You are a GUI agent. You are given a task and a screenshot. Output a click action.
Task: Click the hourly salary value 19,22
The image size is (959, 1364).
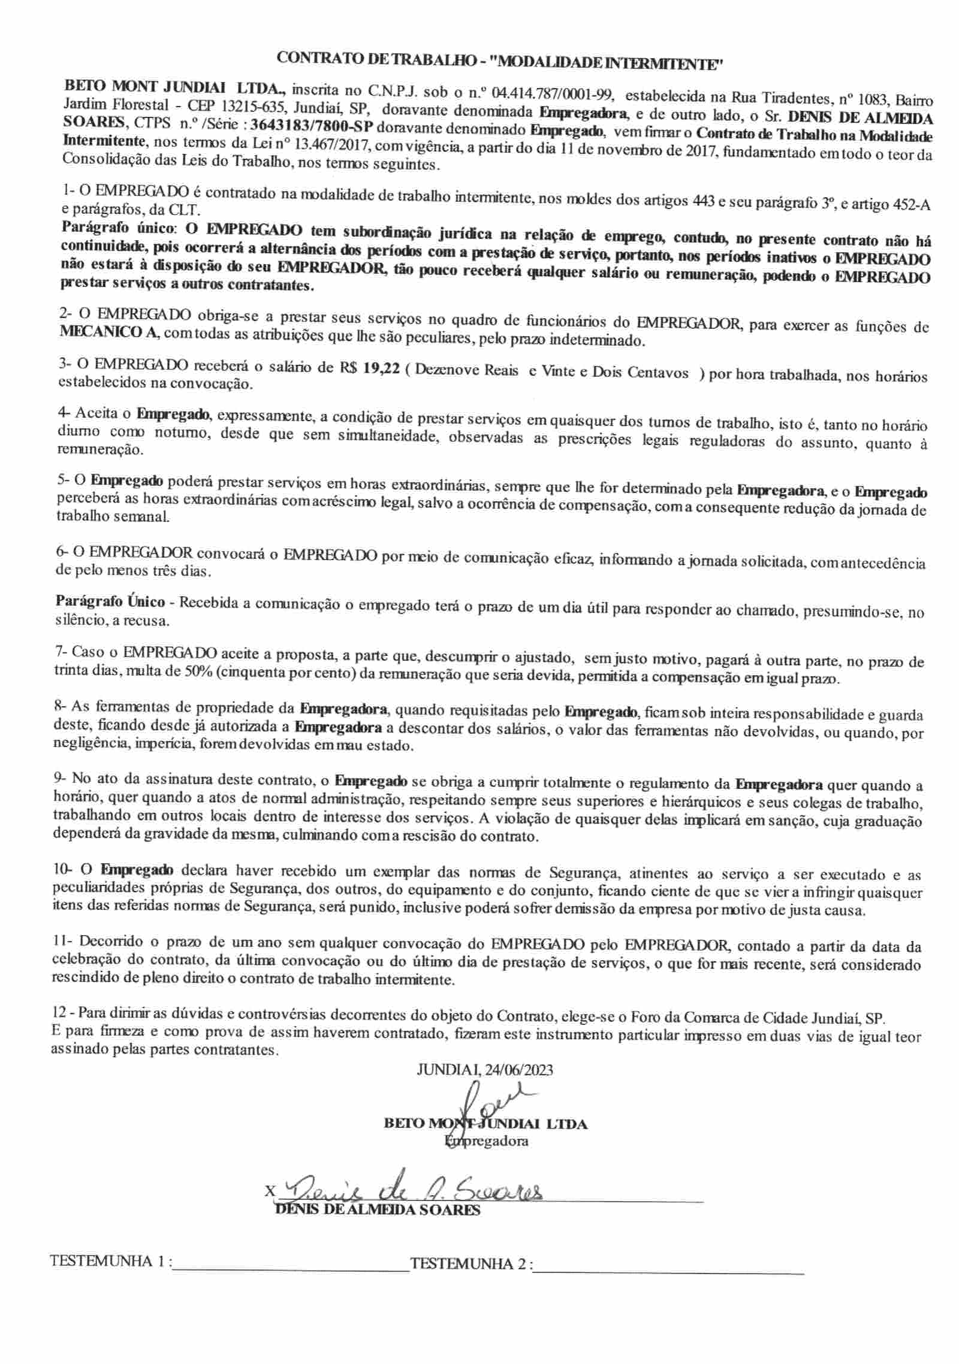click(x=381, y=369)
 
